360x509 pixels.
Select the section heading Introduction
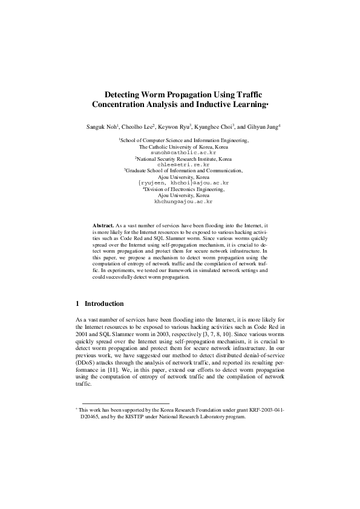104,303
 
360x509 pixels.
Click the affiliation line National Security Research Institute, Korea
183,158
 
